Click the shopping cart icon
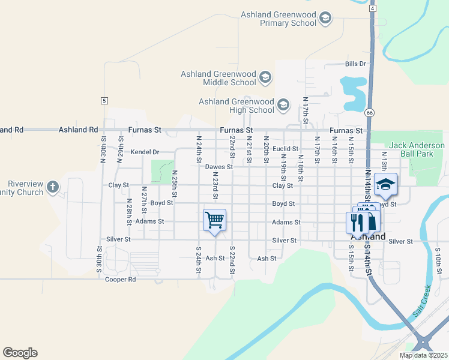coord(215,220)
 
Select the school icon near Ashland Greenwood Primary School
coord(325,19)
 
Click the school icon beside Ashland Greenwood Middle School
coord(265,78)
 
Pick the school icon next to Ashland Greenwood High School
coord(283,106)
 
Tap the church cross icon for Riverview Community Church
coord(53,187)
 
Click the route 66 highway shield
coord(370,112)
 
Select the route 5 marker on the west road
coord(104,101)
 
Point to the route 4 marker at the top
coord(373,9)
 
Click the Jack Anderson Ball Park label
coord(417,149)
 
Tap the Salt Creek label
coord(423,301)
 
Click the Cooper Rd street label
coord(120,280)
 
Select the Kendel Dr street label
coord(145,152)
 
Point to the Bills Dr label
coord(355,64)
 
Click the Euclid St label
coord(285,148)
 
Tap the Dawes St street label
coord(218,167)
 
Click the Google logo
coord(20,353)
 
